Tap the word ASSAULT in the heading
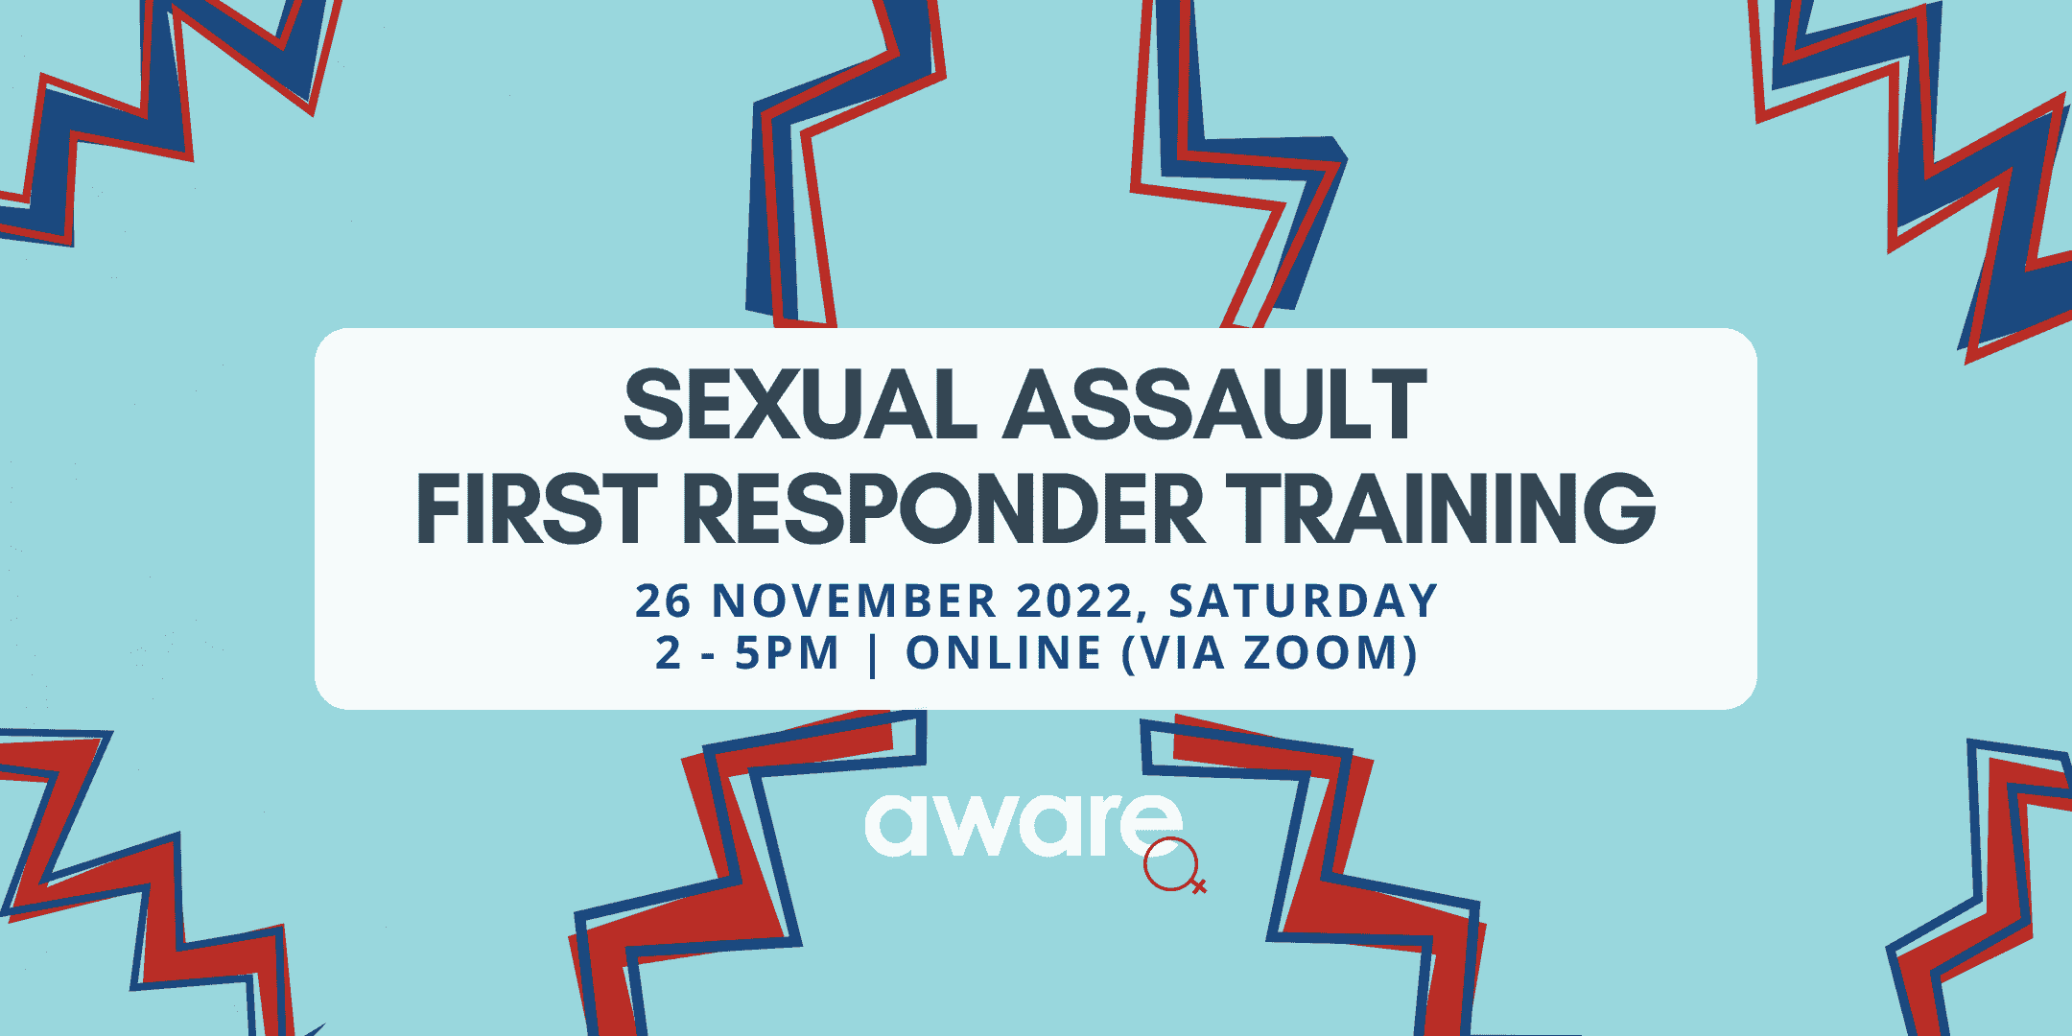pyautogui.click(x=1215, y=406)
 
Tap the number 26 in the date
pyautogui.click(x=663, y=601)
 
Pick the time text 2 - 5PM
pyautogui.click(x=747, y=654)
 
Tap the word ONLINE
pyautogui.click(x=1003, y=654)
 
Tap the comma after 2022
pyautogui.click(x=1143, y=614)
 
